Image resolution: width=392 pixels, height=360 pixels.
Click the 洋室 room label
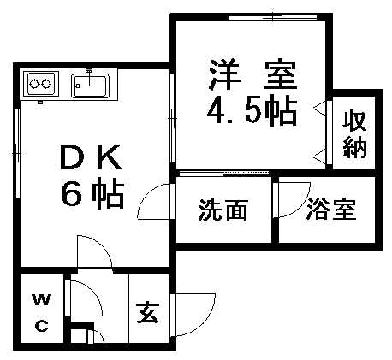coord(252,74)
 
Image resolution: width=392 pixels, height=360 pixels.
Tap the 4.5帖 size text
coord(252,111)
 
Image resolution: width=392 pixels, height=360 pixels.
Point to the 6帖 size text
coord(92,192)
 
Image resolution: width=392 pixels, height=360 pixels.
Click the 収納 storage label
coord(354,135)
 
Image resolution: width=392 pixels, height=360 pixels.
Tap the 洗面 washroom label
coord(223,210)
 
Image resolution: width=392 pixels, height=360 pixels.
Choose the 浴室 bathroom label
coord(331,210)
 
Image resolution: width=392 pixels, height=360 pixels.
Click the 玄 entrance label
coord(148,312)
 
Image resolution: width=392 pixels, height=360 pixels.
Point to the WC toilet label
coord(42,313)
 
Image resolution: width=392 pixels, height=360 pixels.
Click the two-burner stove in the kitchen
coord(41,84)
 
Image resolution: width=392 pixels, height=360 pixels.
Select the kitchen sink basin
coord(90,86)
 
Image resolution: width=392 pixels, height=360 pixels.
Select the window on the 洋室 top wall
coord(273,16)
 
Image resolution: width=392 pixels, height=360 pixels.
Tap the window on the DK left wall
coord(17,153)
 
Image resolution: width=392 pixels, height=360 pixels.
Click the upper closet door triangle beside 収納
coord(320,109)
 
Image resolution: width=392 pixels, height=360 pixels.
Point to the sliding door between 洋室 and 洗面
coord(223,173)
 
